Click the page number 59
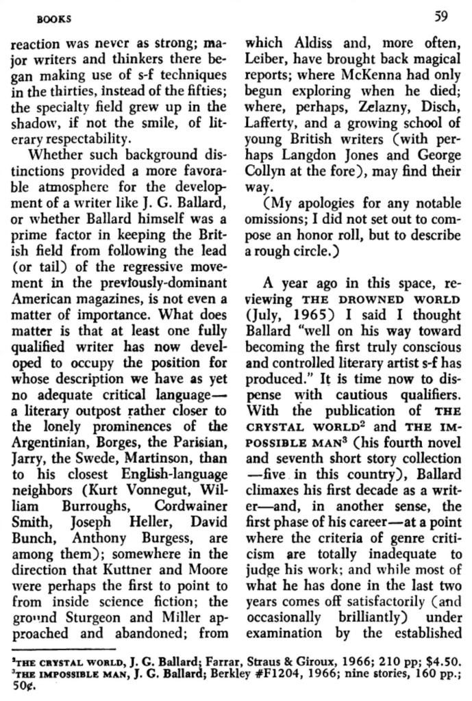click(x=442, y=14)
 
